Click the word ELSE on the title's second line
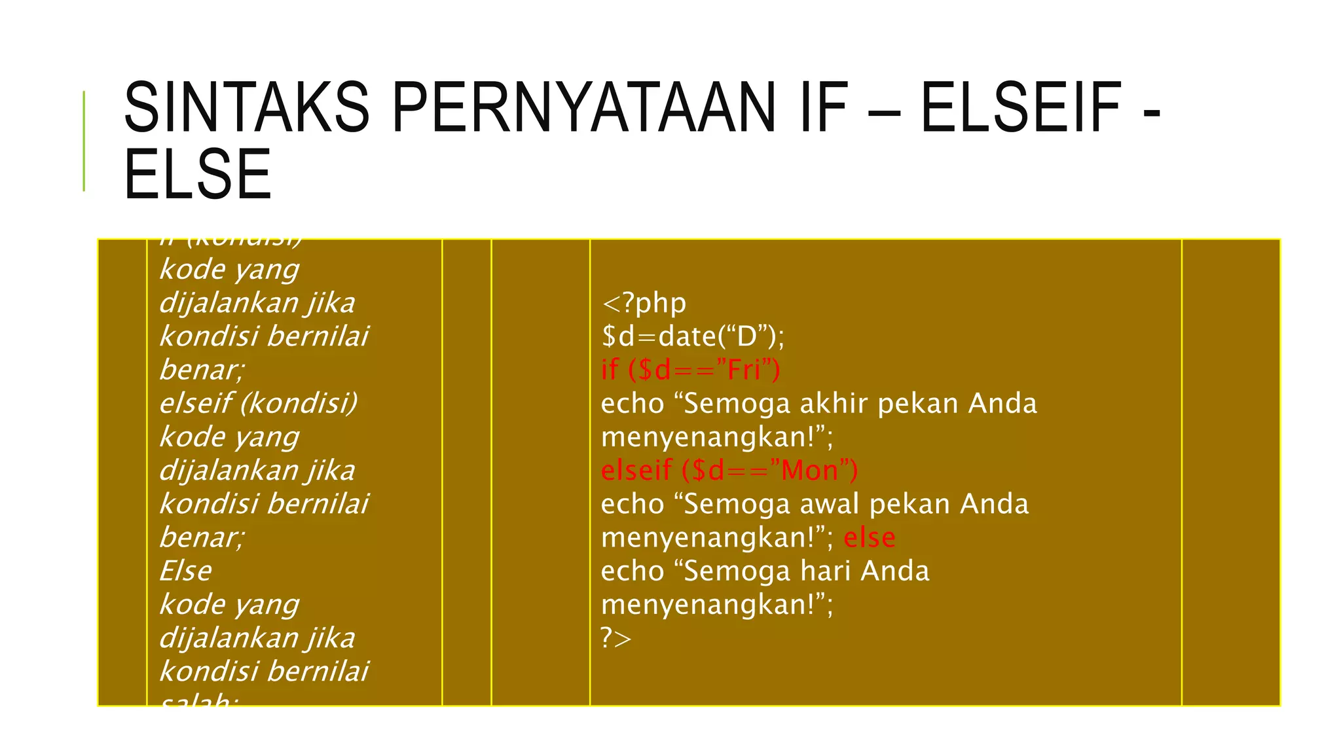(198, 174)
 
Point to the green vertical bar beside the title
(84, 141)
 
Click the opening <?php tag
(644, 303)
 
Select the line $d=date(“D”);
(692, 336)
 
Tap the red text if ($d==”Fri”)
(690, 370)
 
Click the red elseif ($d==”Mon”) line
(729, 470)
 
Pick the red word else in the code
(869, 537)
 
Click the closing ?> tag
(616, 637)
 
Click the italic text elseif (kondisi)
(259, 403)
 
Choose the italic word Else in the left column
(185, 571)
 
